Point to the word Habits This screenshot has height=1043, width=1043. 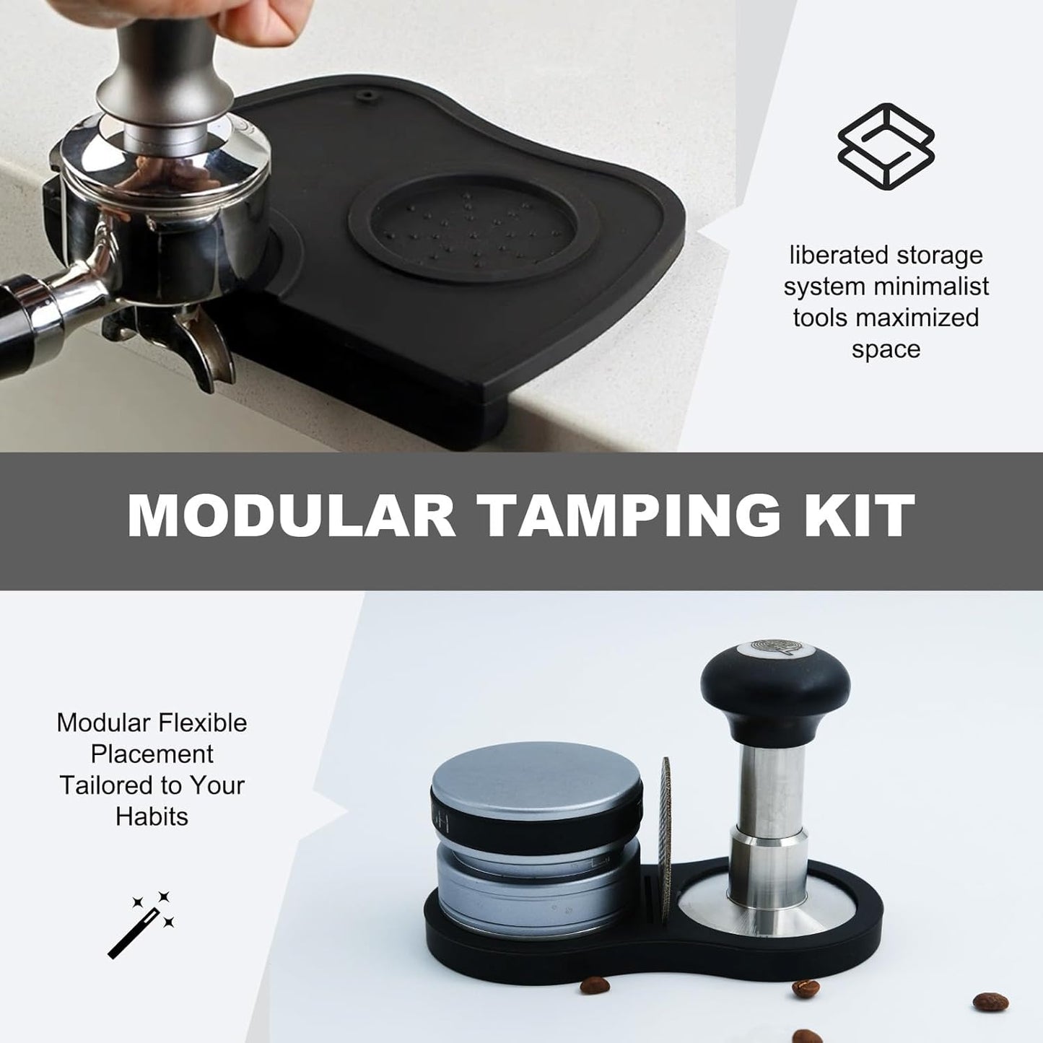tap(152, 816)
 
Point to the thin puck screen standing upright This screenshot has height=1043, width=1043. tap(666, 816)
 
